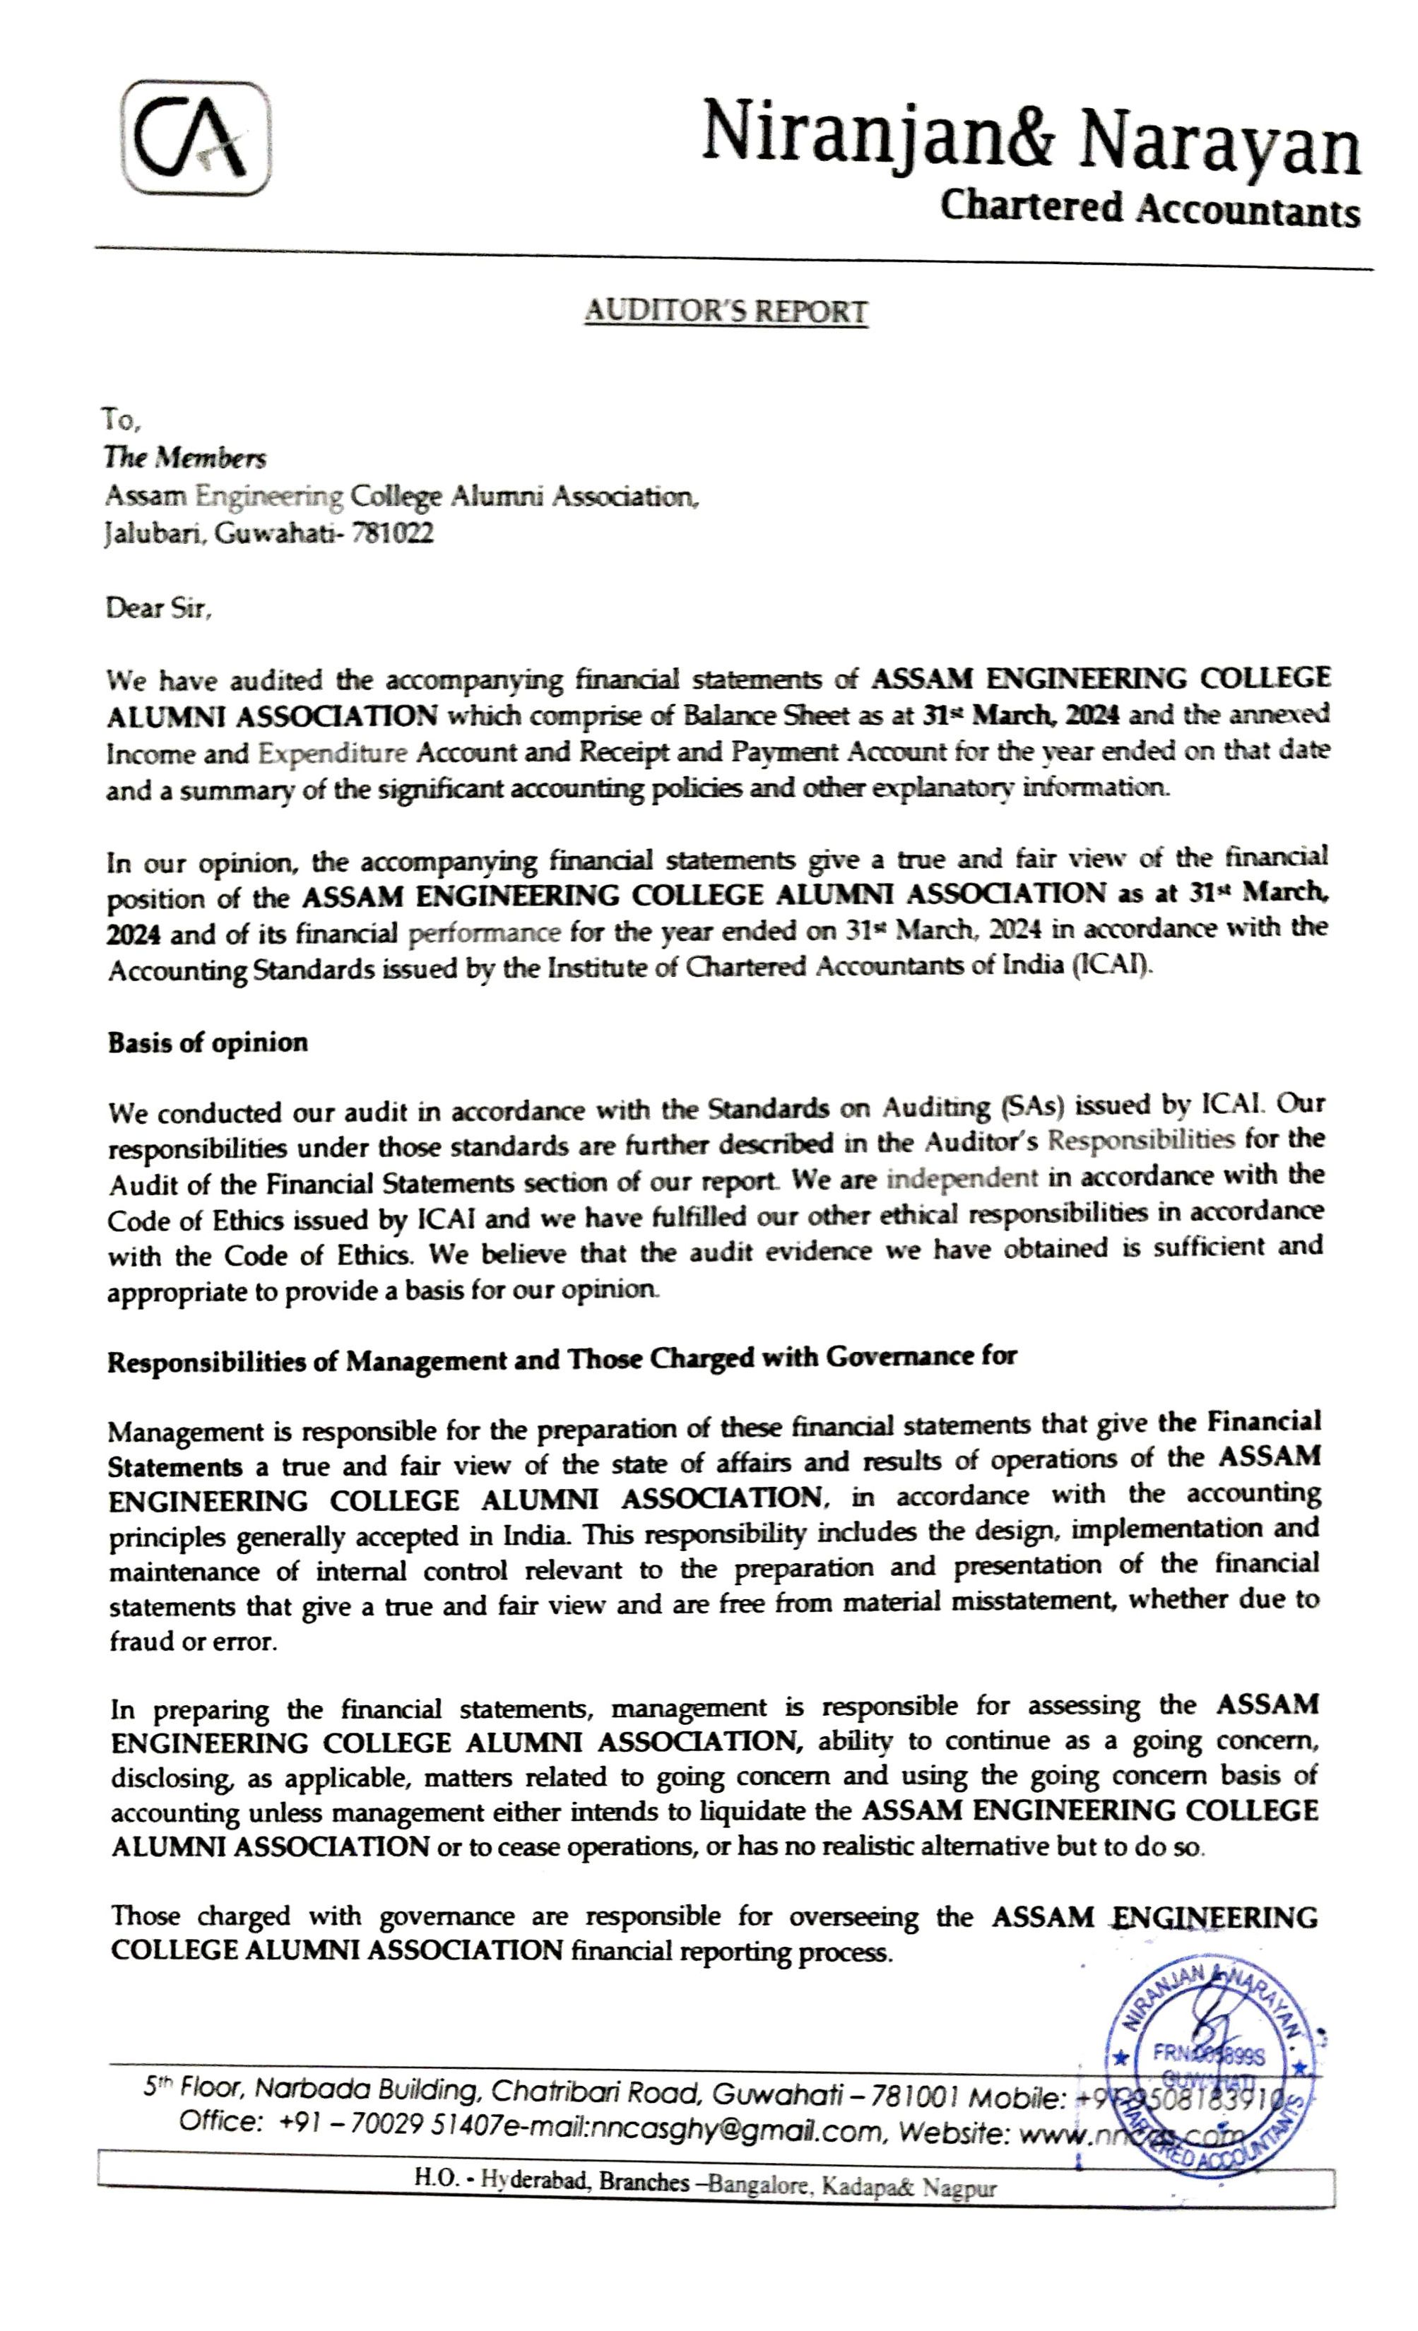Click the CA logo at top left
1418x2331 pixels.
196,139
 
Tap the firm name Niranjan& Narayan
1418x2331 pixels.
1030,144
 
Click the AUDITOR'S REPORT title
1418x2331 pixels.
726,312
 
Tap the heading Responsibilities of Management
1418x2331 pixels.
561,1360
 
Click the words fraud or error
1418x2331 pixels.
193,1642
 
